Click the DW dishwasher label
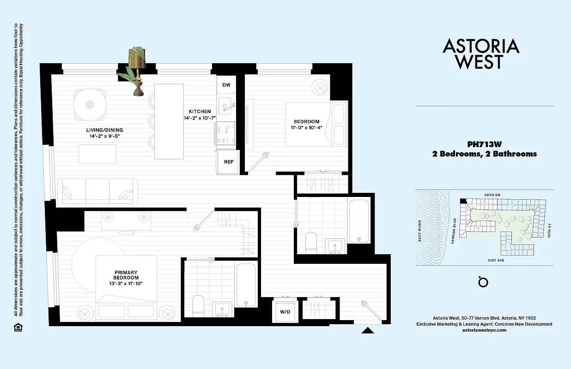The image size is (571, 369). pyautogui.click(x=226, y=85)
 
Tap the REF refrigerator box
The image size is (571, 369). pyautogui.click(x=228, y=162)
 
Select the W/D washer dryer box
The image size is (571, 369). pyautogui.click(x=285, y=312)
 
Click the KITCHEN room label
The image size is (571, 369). pyautogui.click(x=200, y=112)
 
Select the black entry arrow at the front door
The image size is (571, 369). pyautogui.click(x=368, y=330)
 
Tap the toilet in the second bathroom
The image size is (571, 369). pyautogui.click(x=311, y=242)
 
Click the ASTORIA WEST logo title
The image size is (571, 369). pyautogui.click(x=481, y=54)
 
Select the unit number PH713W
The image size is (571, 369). pyautogui.click(x=484, y=144)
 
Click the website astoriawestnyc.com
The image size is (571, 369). pyautogui.click(x=484, y=330)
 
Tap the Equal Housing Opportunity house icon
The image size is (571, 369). pyautogui.click(x=17, y=327)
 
